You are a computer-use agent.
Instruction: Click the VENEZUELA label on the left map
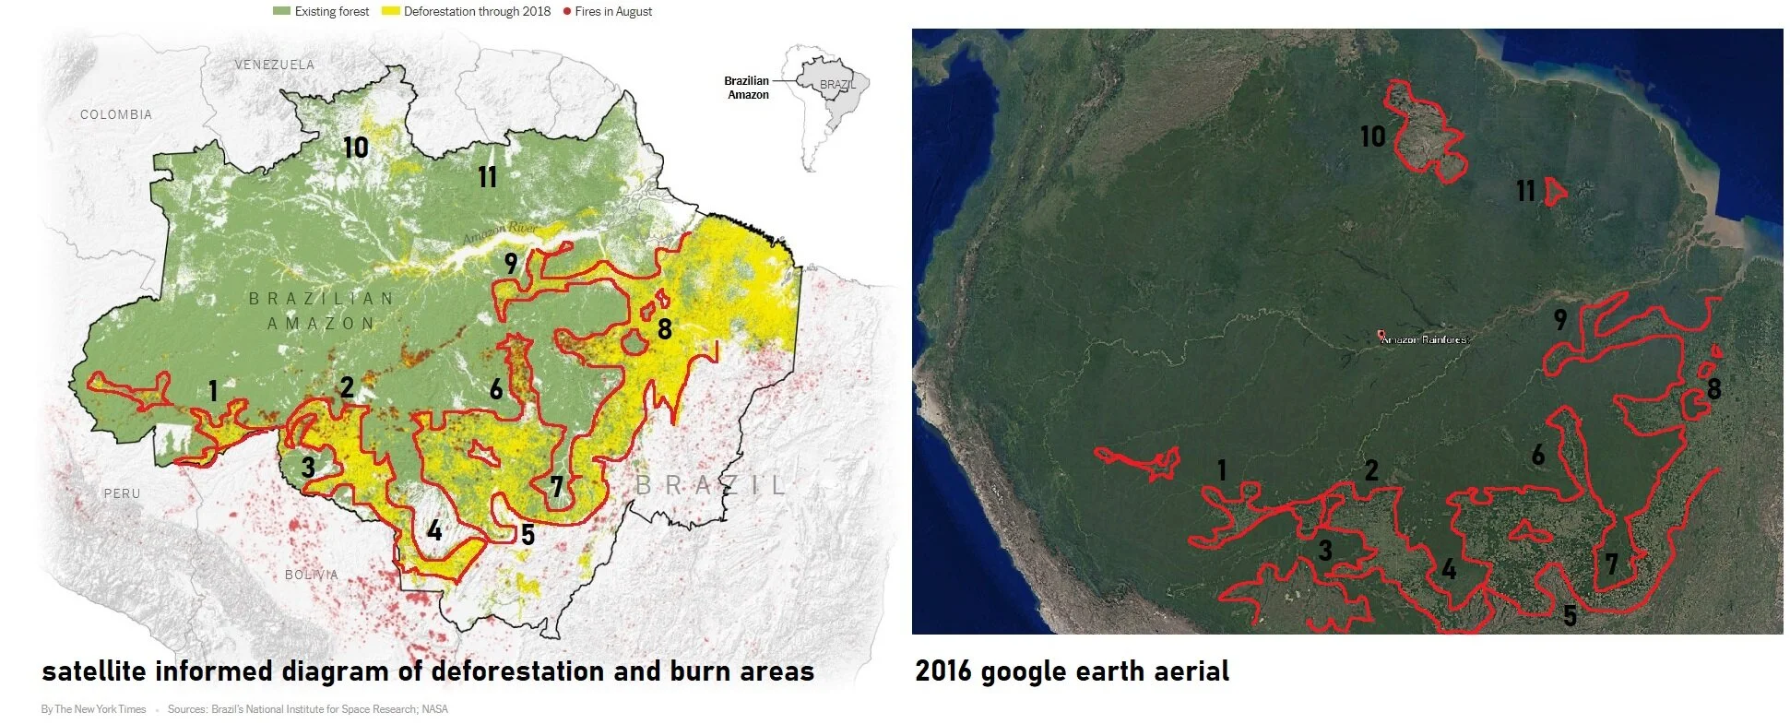click(274, 65)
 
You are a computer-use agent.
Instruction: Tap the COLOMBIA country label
click(116, 114)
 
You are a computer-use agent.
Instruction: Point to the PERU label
click(122, 493)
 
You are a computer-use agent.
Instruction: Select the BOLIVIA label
click(311, 575)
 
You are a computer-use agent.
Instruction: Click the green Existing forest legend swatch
click(281, 11)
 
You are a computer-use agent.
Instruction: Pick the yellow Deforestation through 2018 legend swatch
click(390, 11)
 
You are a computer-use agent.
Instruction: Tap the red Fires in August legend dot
click(566, 11)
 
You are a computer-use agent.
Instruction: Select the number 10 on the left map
click(356, 148)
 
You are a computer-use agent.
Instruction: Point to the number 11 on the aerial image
click(1525, 191)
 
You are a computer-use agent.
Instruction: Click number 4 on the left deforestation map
click(434, 530)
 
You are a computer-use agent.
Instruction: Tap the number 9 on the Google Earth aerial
click(1559, 319)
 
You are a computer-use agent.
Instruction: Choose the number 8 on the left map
click(664, 328)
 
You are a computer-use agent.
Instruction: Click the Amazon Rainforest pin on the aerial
click(1381, 336)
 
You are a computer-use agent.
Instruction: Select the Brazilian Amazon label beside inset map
click(746, 88)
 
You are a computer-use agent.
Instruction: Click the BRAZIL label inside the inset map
click(837, 84)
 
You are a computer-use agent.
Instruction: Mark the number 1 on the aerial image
click(1222, 470)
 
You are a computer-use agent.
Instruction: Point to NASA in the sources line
click(434, 709)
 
